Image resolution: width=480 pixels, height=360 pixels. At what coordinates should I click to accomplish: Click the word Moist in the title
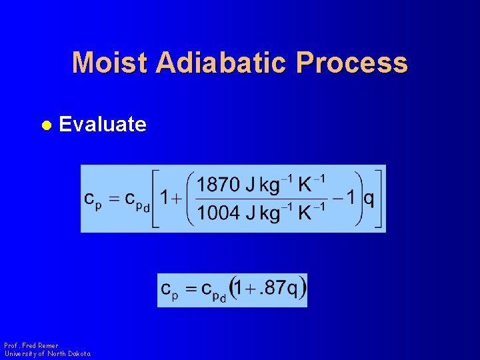pyautogui.click(x=110, y=63)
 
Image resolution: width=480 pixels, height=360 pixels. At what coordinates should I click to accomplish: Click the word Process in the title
pyautogui.click(x=353, y=63)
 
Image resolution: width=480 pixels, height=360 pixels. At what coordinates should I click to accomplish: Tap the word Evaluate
pyautogui.click(x=103, y=124)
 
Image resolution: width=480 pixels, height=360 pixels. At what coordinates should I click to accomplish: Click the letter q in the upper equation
pyautogui.click(x=368, y=199)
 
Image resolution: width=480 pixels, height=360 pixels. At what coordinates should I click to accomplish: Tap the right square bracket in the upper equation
pyautogui.click(x=379, y=199)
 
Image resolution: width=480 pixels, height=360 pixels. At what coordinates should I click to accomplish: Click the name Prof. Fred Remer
pyautogui.click(x=31, y=345)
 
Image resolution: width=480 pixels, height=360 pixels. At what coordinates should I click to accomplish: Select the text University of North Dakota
pyautogui.click(x=47, y=353)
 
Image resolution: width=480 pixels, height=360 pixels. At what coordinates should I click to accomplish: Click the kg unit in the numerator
pyautogui.click(x=269, y=185)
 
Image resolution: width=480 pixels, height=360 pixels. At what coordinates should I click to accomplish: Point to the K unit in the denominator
pyautogui.click(x=305, y=214)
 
